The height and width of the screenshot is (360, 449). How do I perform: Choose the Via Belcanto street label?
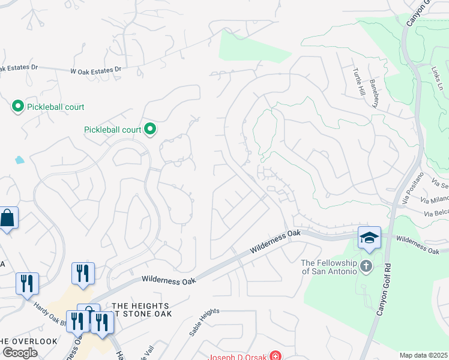[436, 213]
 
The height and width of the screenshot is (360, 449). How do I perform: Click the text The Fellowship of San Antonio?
[329, 267]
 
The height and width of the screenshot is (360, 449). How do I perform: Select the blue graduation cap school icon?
[369, 237]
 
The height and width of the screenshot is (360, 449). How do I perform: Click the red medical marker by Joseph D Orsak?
[275, 356]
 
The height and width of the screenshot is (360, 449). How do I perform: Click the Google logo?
[20, 353]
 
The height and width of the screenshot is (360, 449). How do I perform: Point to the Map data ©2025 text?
[423, 355]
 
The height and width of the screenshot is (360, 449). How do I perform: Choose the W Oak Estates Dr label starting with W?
[95, 70]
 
